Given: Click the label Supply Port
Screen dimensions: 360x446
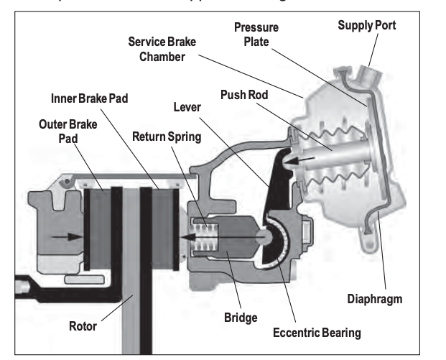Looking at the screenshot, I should pos(366,25).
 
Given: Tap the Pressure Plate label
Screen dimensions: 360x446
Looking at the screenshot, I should pos(256,35).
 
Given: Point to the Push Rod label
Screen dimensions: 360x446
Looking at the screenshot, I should pos(241,96).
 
